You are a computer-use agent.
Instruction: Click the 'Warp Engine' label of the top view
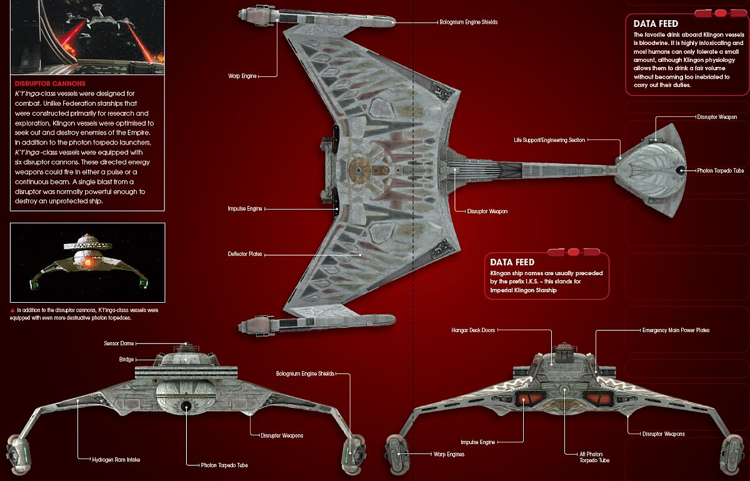241,77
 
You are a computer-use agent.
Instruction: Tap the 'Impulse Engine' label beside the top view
244,208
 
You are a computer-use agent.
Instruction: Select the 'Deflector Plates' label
245,255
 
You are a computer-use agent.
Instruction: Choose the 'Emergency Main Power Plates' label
676,330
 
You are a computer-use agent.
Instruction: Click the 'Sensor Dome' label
118,343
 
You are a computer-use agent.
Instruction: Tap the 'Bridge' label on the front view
127,359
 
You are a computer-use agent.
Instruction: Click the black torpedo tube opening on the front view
186,407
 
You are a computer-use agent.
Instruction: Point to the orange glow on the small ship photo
87,263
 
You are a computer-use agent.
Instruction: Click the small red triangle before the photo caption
12,310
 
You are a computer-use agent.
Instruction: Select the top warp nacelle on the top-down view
319,16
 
